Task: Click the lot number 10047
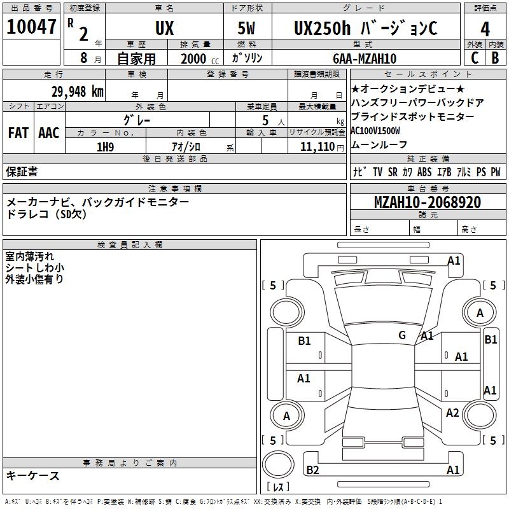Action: pos(32,28)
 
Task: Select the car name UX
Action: pos(164,29)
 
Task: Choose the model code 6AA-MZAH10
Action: pos(365,59)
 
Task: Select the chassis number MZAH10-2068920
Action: pos(427,202)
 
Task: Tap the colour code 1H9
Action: pos(105,146)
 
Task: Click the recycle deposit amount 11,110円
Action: pos(317,146)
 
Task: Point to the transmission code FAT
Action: pos(18,133)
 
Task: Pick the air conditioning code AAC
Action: pos(48,133)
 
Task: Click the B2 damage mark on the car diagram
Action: pos(312,470)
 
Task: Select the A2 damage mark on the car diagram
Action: pos(452,413)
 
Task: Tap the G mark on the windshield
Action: pos(401,335)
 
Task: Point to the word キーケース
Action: pos(32,475)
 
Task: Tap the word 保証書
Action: pos(22,171)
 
